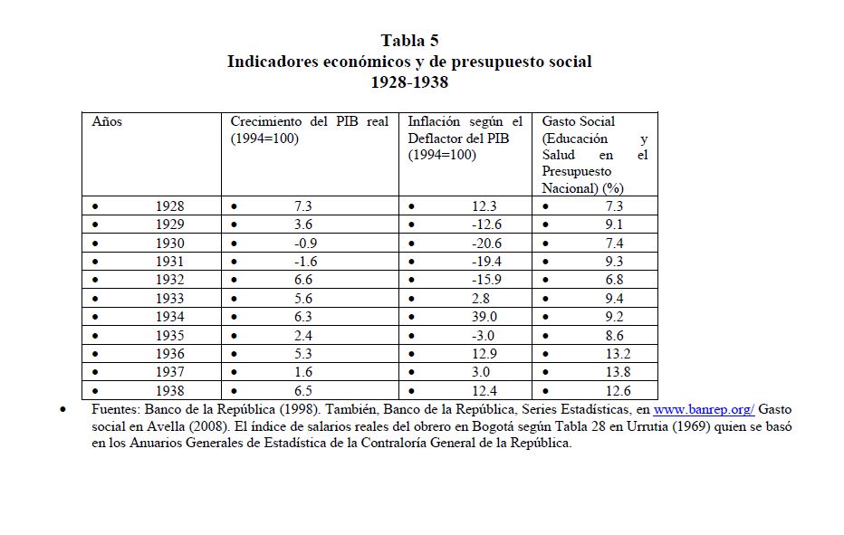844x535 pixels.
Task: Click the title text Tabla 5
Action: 409,41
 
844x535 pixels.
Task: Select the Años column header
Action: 107,121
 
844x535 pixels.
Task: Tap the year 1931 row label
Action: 169,262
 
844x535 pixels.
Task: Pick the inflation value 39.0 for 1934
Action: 485,317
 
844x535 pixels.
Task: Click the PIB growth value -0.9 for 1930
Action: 303,244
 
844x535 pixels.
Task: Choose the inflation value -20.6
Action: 484,244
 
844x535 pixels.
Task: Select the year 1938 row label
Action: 169,391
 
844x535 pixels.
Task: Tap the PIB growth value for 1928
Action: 303,206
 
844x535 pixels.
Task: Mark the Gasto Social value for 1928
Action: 614,206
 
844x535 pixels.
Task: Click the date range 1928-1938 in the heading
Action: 409,83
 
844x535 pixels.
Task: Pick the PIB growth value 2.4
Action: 303,335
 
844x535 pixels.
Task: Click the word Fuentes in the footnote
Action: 115,410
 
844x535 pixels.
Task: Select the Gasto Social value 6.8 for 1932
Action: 614,280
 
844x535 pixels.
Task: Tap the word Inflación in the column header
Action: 435,121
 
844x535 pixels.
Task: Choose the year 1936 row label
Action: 169,354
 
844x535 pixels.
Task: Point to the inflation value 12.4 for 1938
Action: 485,391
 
